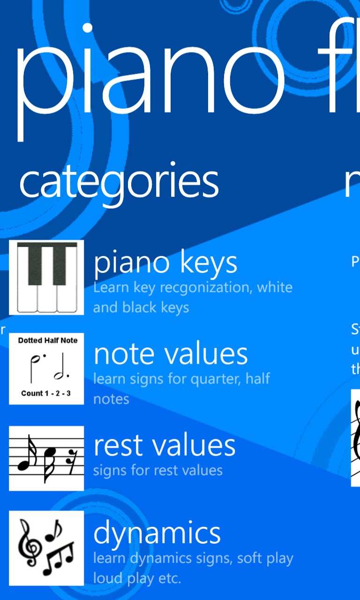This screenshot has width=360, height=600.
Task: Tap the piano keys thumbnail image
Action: pos(46,277)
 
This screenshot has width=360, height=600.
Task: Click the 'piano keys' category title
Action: pos(165,263)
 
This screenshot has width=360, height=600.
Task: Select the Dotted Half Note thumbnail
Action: pos(46,368)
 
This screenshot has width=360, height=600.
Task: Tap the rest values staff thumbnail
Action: pos(46,458)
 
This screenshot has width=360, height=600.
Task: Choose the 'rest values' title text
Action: pos(165,445)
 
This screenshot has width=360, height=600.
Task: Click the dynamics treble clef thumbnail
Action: pos(46,548)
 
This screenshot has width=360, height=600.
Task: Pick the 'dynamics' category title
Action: pos(157,533)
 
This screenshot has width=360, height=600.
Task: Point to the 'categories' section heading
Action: pos(119,181)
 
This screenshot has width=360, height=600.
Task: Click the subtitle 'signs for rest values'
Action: pos(157,470)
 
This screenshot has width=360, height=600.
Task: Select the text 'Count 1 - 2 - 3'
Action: pos(46,393)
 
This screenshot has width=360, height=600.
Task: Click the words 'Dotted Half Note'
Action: pos(48,340)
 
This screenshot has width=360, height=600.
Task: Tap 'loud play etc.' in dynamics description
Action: pos(137,578)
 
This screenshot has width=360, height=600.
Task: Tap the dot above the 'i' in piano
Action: pos(87,27)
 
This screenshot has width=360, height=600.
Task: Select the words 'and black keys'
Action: pos(141,307)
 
